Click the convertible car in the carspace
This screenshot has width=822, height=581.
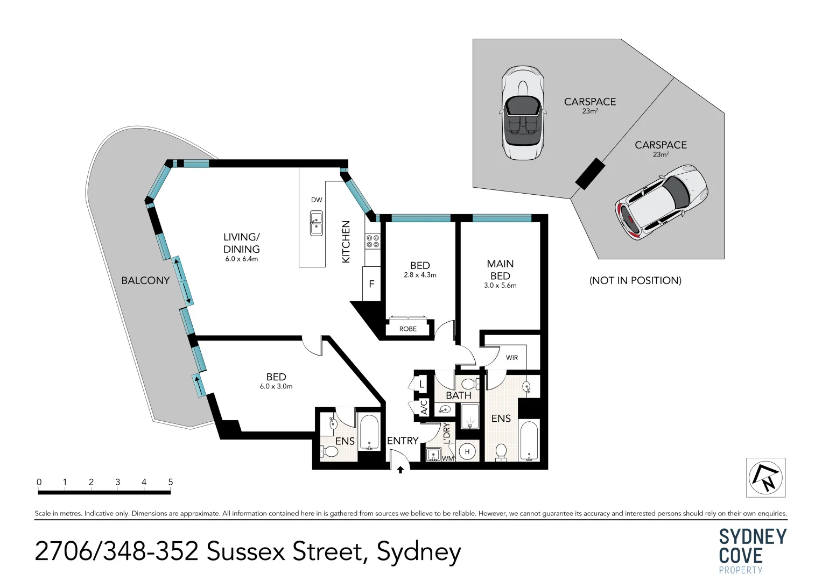(x=522, y=113)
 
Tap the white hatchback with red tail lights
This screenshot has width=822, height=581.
(x=662, y=202)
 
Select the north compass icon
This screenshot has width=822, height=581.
(x=765, y=477)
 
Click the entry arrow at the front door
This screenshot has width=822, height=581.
(x=400, y=470)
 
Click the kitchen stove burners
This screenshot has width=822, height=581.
(x=373, y=241)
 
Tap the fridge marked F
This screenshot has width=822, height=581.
(x=371, y=284)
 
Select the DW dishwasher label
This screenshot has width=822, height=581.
(x=317, y=200)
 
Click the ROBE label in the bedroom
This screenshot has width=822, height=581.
(x=408, y=329)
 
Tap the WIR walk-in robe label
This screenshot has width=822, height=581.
(x=511, y=358)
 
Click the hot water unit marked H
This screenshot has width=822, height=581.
(x=467, y=452)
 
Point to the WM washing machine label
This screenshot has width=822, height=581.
(x=448, y=458)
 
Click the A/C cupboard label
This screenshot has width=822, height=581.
(x=423, y=407)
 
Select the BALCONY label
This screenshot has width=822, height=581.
(x=145, y=280)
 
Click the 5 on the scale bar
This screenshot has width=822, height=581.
(x=170, y=482)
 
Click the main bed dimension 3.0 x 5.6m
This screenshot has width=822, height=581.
(x=500, y=286)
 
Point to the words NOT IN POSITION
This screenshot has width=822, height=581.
(x=635, y=280)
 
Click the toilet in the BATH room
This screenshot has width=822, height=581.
(x=468, y=384)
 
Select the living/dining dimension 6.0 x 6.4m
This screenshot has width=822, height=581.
(x=242, y=259)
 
